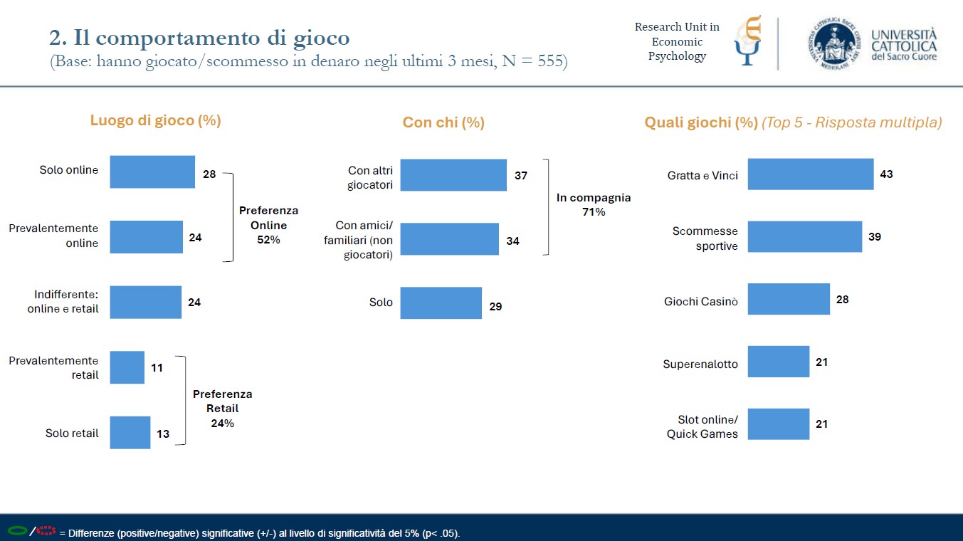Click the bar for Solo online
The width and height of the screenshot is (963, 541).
[152, 172]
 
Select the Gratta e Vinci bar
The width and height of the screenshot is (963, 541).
[810, 174]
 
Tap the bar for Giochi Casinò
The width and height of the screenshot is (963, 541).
[789, 299]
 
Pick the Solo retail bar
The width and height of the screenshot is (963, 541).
[130, 433]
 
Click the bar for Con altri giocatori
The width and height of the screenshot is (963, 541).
[453, 175]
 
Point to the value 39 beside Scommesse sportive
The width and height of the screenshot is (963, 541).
[875, 236]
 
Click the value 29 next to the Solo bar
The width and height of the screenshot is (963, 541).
[495, 306]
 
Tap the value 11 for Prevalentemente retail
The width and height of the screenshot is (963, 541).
[157, 367]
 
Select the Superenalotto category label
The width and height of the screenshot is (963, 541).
[700, 364]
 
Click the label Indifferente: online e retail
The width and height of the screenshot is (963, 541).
[63, 302]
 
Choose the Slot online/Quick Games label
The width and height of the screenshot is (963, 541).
[702, 426]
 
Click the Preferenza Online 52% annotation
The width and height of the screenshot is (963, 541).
[268, 225]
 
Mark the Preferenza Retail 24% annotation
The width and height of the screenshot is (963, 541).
[222, 409]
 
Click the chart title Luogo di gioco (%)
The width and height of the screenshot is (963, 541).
[155, 120]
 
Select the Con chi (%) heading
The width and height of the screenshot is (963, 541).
[443, 122]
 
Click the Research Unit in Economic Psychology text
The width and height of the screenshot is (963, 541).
[677, 41]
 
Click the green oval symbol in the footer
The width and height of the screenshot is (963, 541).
[18, 531]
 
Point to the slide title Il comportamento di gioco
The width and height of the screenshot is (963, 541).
[199, 38]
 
